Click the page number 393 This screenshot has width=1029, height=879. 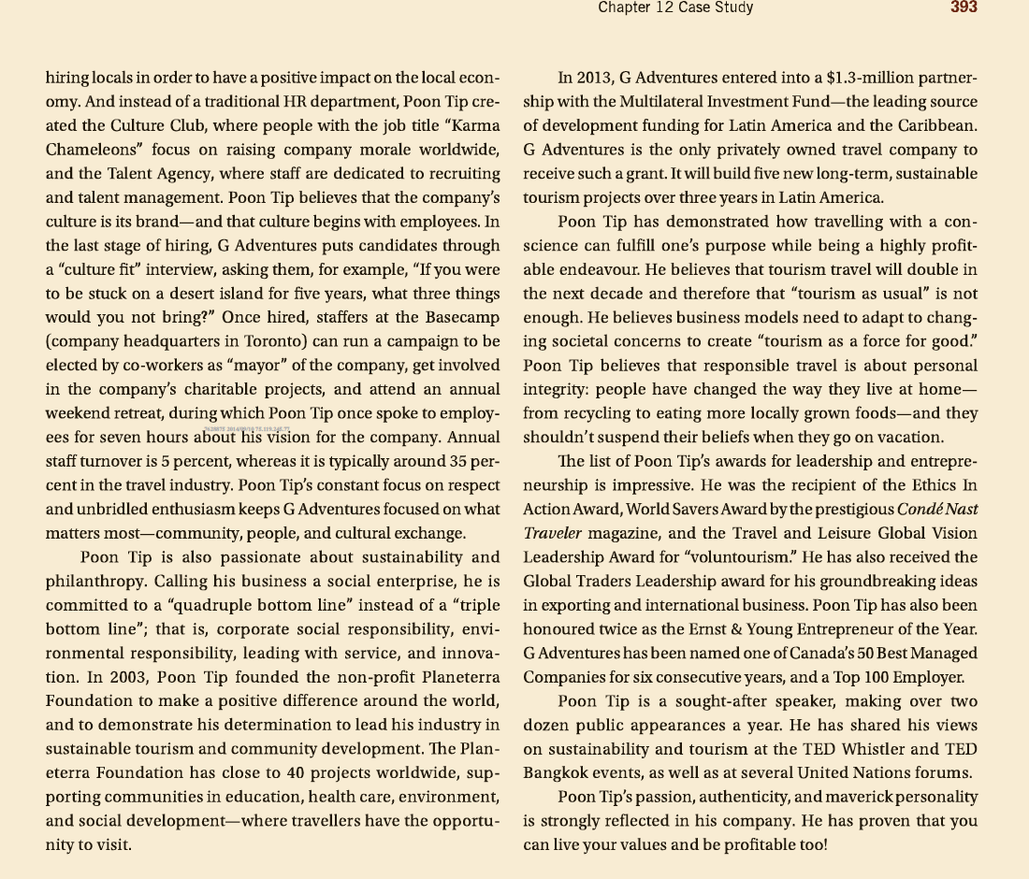[x=963, y=7]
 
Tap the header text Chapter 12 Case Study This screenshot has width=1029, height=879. [x=675, y=7]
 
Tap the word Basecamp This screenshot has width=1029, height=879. [x=459, y=317]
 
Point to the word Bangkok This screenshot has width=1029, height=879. [x=557, y=773]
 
